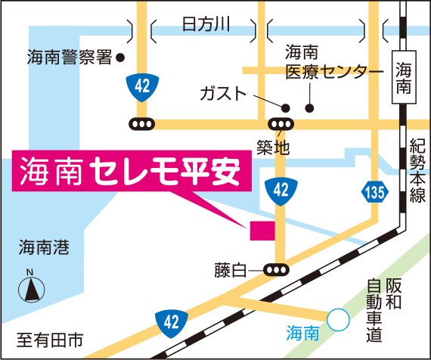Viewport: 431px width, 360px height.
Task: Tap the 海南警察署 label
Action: pos(69,57)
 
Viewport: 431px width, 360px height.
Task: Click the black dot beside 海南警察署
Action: pos(120,57)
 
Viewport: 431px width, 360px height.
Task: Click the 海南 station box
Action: pos(404,77)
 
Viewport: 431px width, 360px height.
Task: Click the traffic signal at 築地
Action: pos(281,124)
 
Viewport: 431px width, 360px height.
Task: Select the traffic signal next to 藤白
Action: pos(275,268)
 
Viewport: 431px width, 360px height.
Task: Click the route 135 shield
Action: pos(374,188)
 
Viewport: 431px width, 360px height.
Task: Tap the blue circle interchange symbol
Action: pos(338,320)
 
